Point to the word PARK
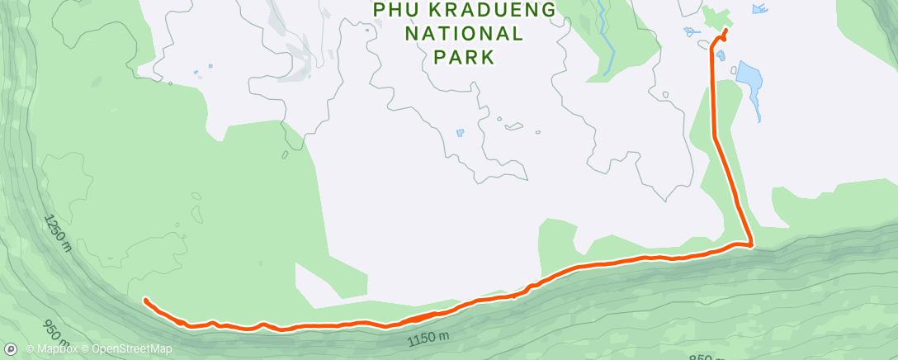coord(465,58)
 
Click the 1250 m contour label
coord(59,234)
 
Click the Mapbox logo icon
coord(11,349)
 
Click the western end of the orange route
coord(145,300)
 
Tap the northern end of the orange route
coord(725,31)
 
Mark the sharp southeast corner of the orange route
coord(751,244)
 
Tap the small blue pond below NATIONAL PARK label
coord(460,132)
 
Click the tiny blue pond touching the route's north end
coord(721,55)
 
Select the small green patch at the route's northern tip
coord(716,18)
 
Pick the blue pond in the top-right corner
coord(758,9)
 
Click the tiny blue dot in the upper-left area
coord(210,66)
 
